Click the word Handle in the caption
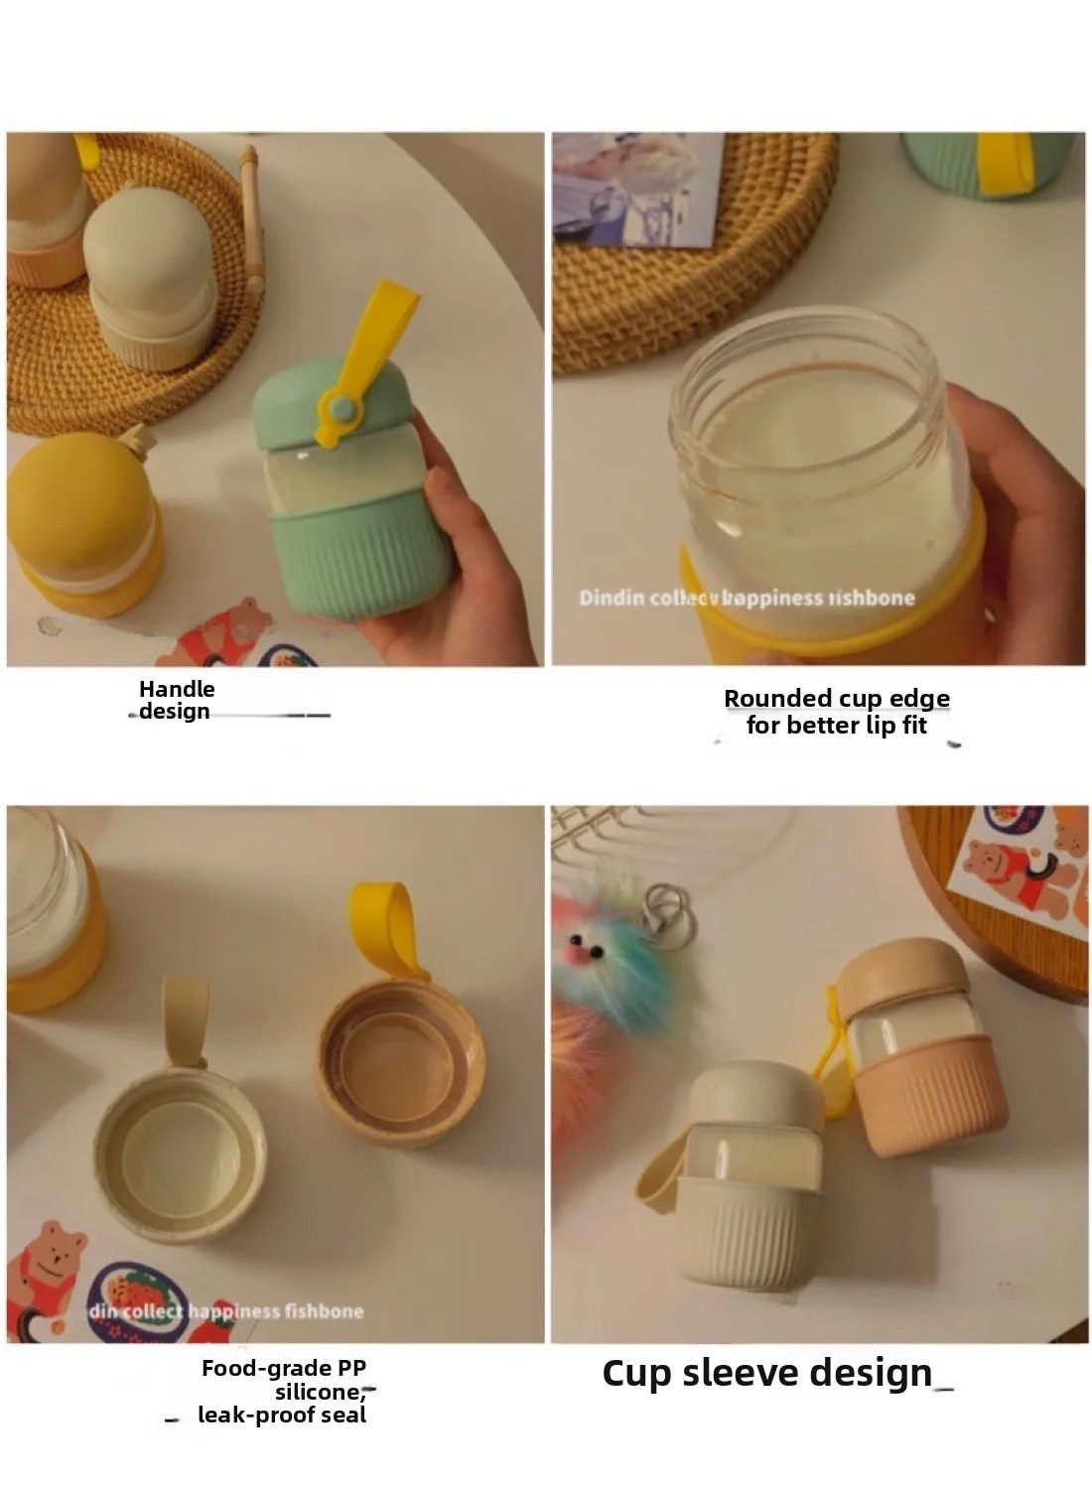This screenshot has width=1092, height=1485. tap(177, 689)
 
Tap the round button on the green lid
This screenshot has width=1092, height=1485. tap(340, 406)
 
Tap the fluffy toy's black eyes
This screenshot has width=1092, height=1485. tap(586, 947)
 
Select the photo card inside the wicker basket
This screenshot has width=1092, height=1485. tap(635, 189)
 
